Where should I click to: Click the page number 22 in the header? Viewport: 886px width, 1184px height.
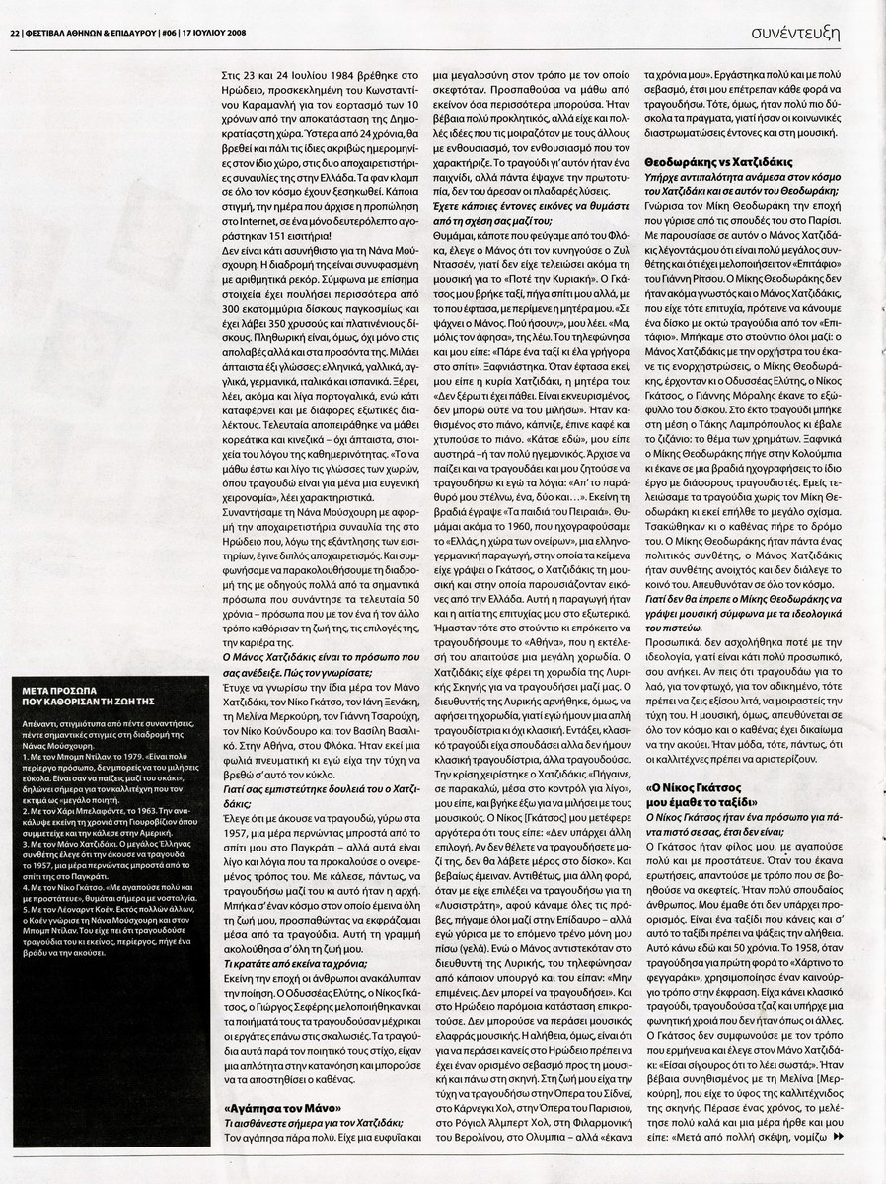pyautogui.click(x=15, y=32)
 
